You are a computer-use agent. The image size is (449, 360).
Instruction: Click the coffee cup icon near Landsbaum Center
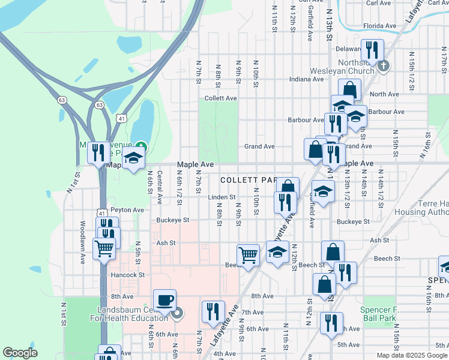[x=164, y=299]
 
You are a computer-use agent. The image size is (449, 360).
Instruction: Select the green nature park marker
[x=140, y=146]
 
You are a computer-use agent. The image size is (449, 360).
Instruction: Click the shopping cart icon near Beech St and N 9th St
[x=248, y=255]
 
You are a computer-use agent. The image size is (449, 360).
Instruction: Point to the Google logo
[x=20, y=353]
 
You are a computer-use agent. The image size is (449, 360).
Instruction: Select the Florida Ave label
[x=381, y=26]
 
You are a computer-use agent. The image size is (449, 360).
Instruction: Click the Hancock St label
[x=128, y=275]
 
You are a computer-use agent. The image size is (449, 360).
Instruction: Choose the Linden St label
[x=222, y=196]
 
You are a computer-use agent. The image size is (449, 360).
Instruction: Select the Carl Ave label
[x=379, y=3]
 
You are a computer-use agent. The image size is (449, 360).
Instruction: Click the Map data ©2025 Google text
[x=412, y=355]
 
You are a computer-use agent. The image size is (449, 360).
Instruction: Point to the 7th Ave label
[x=253, y=313]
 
